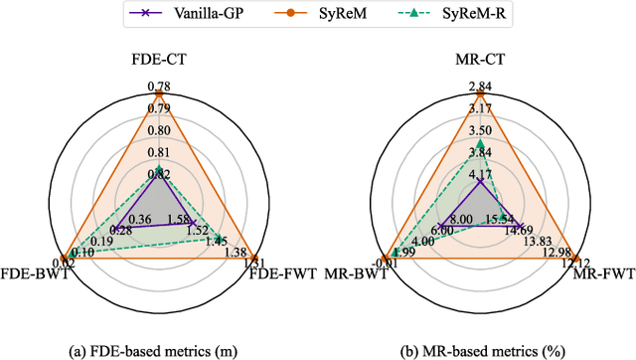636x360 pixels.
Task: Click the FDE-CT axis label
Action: click(x=159, y=59)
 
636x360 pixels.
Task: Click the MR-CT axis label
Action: click(x=479, y=59)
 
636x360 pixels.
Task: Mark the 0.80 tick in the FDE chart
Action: click(x=159, y=128)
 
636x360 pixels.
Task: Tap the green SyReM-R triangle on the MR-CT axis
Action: click(x=479, y=145)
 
